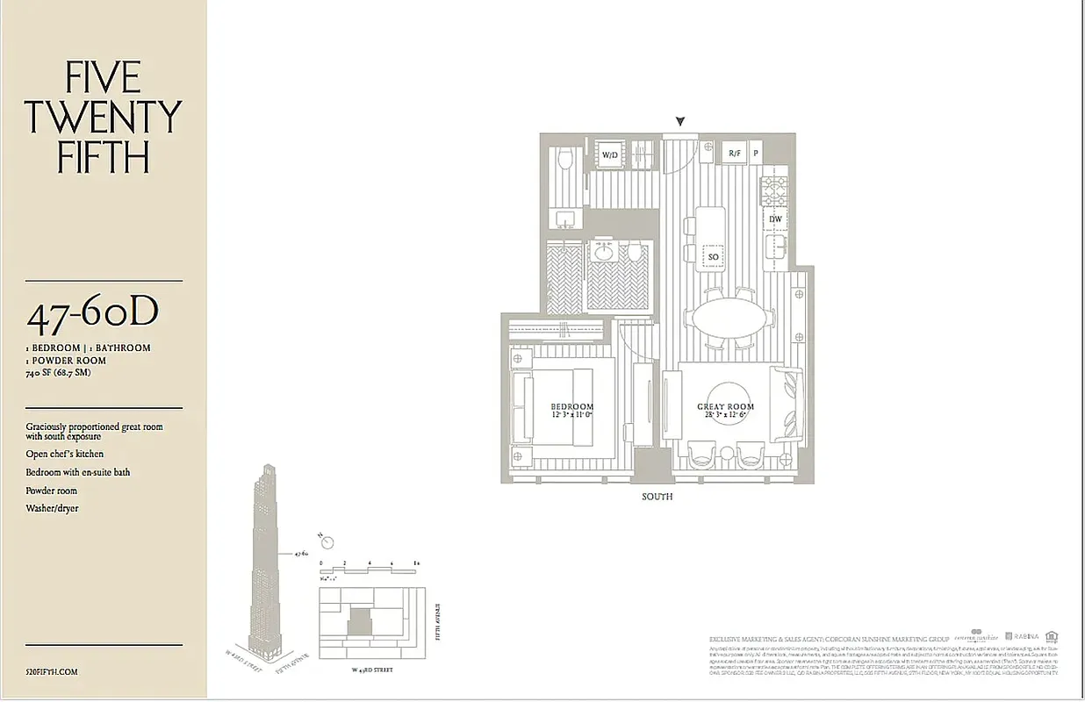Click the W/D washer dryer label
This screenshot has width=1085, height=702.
(x=608, y=155)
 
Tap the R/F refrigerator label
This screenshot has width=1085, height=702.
(x=735, y=154)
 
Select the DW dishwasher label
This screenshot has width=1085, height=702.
(x=775, y=218)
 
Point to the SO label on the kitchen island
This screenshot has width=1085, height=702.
(x=713, y=257)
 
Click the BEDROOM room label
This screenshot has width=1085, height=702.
(x=571, y=407)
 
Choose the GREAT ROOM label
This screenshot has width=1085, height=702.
(x=725, y=407)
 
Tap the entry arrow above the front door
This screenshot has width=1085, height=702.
(x=680, y=122)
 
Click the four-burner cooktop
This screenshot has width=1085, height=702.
(x=775, y=190)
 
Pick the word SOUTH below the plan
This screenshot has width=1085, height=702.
(x=657, y=497)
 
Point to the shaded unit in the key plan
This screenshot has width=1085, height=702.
(x=359, y=623)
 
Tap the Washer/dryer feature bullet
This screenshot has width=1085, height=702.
(x=52, y=509)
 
